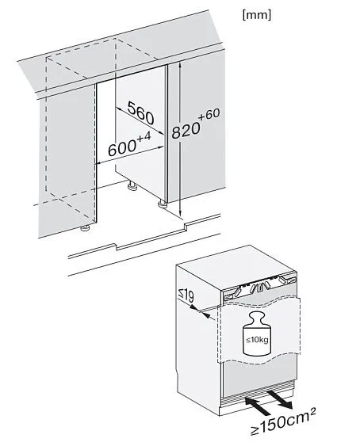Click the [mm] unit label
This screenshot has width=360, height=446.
pos(256,15)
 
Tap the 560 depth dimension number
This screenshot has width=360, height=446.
pos(140,113)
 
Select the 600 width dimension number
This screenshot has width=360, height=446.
pos(122,148)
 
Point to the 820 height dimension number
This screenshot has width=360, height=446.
pos(186,130)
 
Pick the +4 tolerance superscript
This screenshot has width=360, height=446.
pos(144,136)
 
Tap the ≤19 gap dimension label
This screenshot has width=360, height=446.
pos(186,295)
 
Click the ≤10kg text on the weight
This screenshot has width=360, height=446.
pos(257,340)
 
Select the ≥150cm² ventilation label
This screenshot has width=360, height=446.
pos(283,421)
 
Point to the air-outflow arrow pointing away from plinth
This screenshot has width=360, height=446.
pos(279,400)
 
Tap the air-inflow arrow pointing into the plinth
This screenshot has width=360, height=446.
pos(258,406)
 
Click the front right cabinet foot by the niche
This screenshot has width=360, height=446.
pos(163,204)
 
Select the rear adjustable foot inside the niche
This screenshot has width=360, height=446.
pos(132,185)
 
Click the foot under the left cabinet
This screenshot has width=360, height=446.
pos(85,228)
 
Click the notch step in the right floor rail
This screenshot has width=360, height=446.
pos(186,227)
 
